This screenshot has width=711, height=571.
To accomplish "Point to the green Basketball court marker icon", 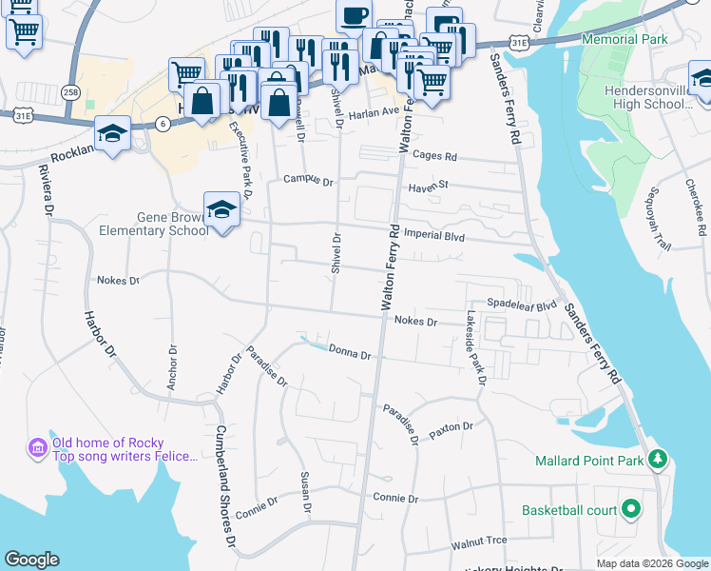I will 629,509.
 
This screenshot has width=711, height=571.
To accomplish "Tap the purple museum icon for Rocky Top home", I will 37,446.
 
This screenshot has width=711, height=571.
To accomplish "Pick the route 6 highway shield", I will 163,124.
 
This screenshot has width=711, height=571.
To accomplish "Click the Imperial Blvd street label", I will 433,235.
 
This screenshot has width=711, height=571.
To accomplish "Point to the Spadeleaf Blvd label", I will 521,306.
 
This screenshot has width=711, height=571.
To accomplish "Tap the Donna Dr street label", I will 350,353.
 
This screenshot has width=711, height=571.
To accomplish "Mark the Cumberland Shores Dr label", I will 225,486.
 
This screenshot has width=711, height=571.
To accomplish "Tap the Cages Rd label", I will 435,157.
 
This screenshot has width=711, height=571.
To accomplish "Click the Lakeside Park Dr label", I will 474,347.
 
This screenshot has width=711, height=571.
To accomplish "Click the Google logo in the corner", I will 31,559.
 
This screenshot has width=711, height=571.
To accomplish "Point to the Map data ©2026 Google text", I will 652,563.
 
